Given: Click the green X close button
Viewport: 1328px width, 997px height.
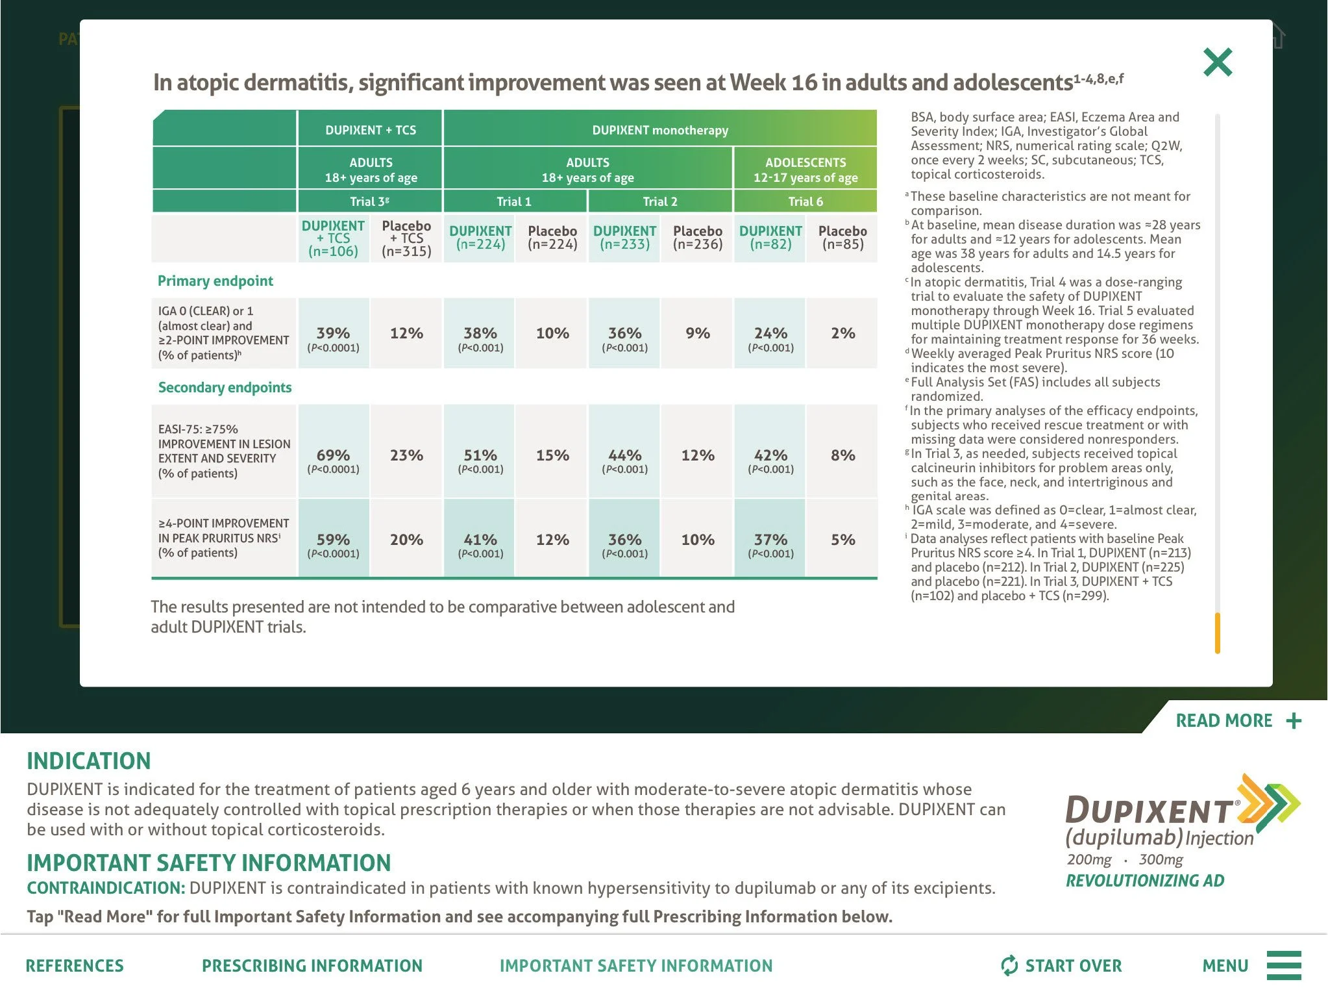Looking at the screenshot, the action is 1217,62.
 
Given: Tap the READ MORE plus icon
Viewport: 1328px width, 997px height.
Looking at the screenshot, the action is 1294,721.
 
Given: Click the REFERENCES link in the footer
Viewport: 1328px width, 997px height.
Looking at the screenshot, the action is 75,966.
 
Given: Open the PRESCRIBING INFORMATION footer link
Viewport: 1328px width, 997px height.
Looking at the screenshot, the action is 312,966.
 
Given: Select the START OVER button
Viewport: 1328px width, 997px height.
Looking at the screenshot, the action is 1061,966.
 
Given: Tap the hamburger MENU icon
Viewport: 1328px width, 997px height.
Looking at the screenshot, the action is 1284,965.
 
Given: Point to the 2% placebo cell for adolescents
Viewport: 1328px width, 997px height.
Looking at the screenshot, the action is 842,333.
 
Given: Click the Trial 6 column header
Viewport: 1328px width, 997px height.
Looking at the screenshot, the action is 805,201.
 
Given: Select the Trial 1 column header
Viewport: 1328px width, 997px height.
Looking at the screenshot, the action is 514,201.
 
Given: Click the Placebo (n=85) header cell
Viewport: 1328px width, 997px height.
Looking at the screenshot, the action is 842,238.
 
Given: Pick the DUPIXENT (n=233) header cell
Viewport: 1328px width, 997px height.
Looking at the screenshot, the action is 624,238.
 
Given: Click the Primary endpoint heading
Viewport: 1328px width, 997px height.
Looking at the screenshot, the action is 215,281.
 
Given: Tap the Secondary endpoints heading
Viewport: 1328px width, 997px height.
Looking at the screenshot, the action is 225,387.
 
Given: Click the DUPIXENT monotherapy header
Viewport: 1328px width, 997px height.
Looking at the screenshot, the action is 660,130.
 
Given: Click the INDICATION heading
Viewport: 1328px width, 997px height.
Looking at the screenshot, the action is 89,761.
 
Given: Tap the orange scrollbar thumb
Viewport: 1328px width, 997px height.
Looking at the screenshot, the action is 1218,633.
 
